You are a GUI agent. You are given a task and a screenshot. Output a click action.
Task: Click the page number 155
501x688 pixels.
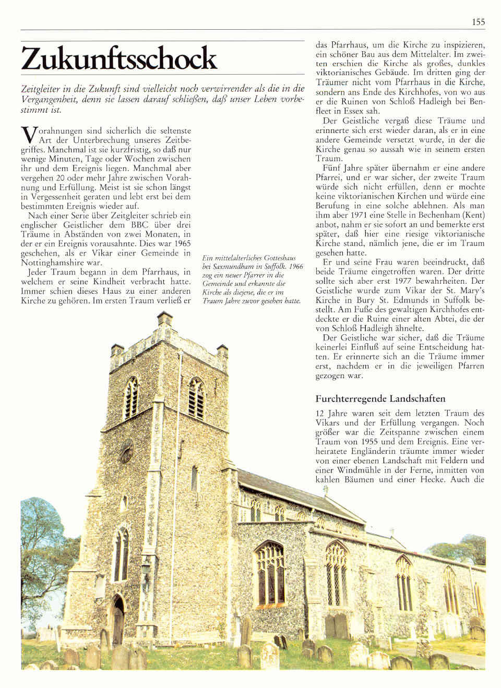pyautogui.click(x=478, y=21)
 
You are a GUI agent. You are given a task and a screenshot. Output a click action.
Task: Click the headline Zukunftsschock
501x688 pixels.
pyautogui.click(x=119, y=58)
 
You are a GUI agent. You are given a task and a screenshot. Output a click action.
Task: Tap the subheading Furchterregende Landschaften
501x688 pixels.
pyautogui.click(x=380, y=399)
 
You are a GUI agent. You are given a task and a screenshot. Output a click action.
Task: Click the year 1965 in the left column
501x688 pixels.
pyautogui.click(x=181, y=244)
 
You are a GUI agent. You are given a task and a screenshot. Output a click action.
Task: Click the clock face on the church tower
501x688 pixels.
pyautogui.click(x=127, y=450)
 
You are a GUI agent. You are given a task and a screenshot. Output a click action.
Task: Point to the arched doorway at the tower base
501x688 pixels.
pyautogui.click(x=118, y=621)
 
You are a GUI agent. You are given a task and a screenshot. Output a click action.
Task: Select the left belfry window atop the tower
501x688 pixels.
pyautogui.click(x=130, y=399)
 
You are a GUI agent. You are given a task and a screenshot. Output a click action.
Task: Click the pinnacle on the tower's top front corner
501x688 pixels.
pyautogui.click(x=165, y=318)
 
